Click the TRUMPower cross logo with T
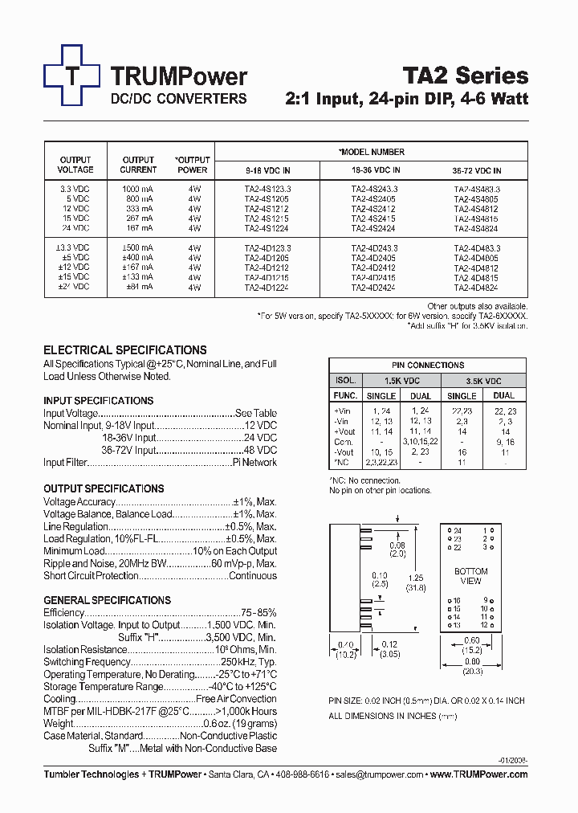(x=72, y=76)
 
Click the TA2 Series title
(x=465, y=76)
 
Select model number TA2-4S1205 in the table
(x=267, y=198)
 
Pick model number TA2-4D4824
(x=476, y=287)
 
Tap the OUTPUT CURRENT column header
(x=138, y=165)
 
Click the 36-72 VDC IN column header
(x=476, y=170)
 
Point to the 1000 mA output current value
(x=138, y=189)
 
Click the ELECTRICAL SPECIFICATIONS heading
(x=124, y=350)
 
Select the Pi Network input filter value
(x=254, y=463)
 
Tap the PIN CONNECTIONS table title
(x=428, y=365)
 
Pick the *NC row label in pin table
(x=344, y=464)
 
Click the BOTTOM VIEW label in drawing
(x=471, y=576)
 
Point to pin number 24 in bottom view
(x=456, y=531)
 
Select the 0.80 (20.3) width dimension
(x=472, y=667)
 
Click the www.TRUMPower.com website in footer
(x=479, y=774)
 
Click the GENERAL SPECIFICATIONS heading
(x=107, y=600)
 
